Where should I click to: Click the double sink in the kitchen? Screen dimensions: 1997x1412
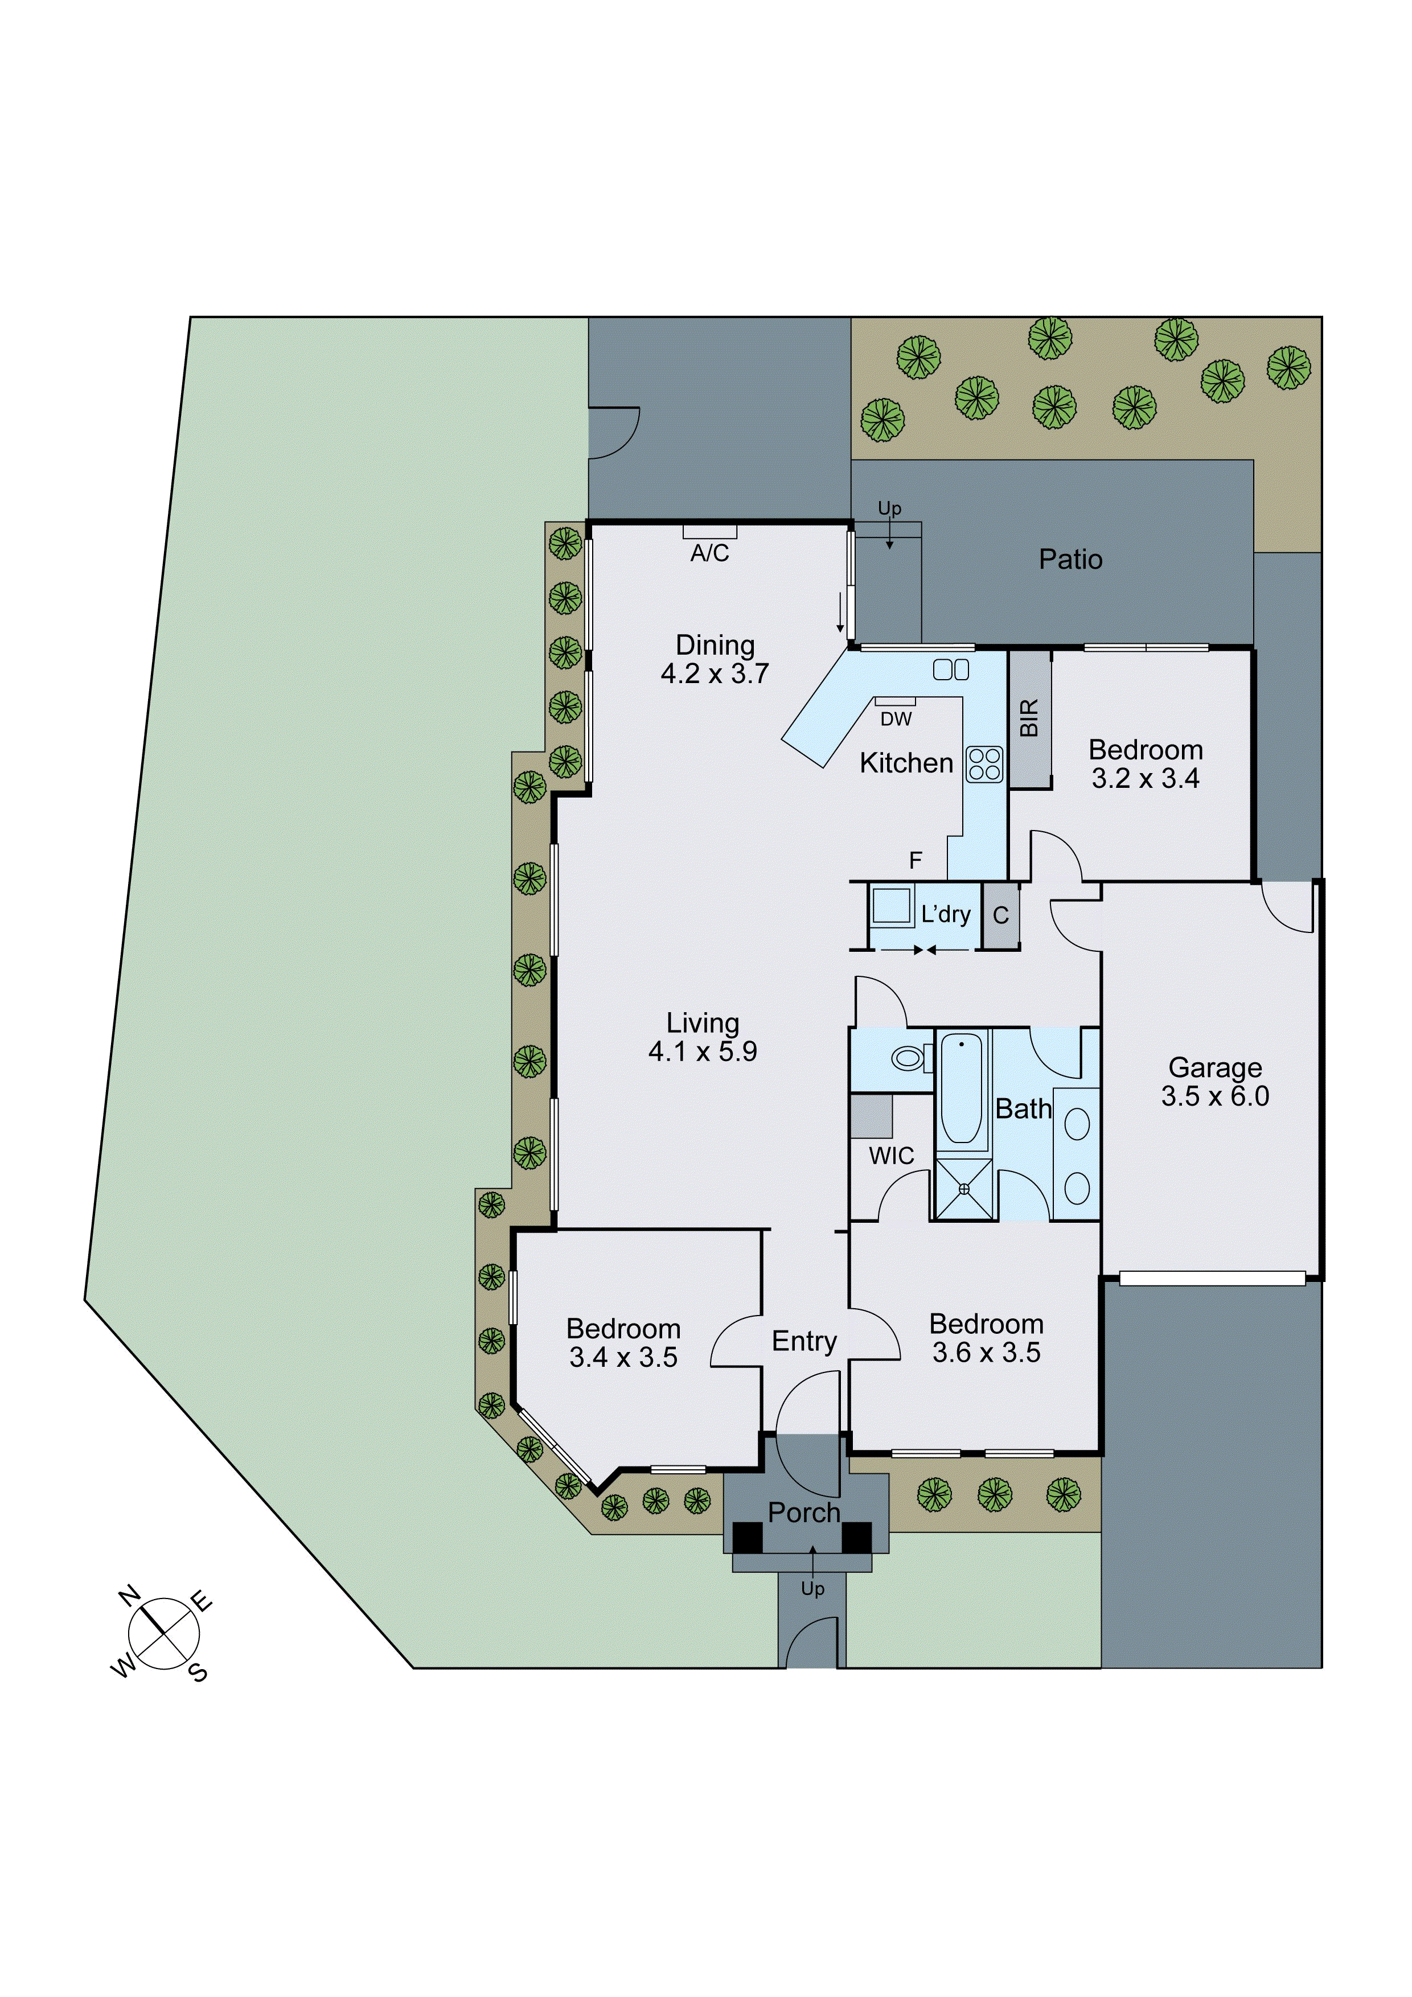[951, 669]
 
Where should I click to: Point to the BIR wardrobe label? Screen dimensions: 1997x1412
[1029, 718]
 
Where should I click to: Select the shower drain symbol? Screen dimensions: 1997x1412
[963, 1189]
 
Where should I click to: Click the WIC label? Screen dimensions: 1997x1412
[891, 1156]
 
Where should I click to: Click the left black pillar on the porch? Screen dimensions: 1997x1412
[746, 1537]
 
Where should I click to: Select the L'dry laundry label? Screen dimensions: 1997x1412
[946, 914]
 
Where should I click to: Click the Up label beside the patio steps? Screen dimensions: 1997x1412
[889, 508]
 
